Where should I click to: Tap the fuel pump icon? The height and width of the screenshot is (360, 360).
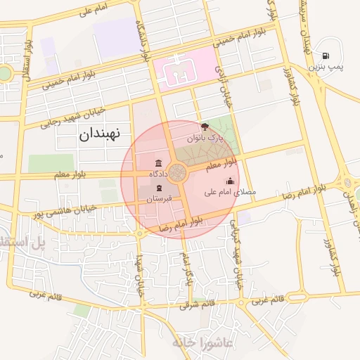(x=326, y=56)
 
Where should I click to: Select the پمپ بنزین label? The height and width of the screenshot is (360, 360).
(x=326, y=67)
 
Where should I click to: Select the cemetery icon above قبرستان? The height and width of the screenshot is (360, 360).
(x=160, y=188)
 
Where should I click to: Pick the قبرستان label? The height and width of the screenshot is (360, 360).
(x=159, y=199)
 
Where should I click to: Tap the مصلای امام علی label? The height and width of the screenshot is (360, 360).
(x=230, y=191)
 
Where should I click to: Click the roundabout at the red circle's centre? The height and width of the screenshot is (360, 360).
(x=178, y=171)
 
